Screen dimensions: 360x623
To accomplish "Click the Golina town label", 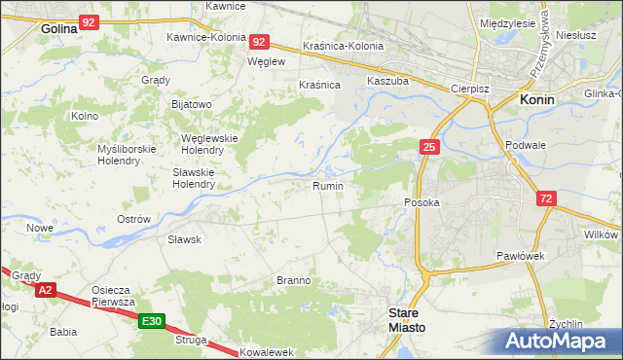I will [58, 29].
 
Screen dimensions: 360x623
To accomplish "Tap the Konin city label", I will [537, 100].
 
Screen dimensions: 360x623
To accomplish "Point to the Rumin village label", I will [327, 185].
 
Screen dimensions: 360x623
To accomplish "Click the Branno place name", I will [293, 280].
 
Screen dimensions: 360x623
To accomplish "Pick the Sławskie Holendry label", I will [193, 177].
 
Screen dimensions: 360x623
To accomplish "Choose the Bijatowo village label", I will [192, 103].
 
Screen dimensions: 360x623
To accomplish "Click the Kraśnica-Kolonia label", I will [343, 46].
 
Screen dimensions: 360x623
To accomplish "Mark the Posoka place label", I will [422, 202].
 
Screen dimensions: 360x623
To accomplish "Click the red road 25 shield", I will [429, 147].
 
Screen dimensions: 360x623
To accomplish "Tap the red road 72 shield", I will [547, 198].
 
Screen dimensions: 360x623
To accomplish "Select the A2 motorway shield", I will [45, 290].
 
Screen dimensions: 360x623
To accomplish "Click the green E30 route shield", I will [150, 321].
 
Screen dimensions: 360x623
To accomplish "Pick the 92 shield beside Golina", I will [90, 20].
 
